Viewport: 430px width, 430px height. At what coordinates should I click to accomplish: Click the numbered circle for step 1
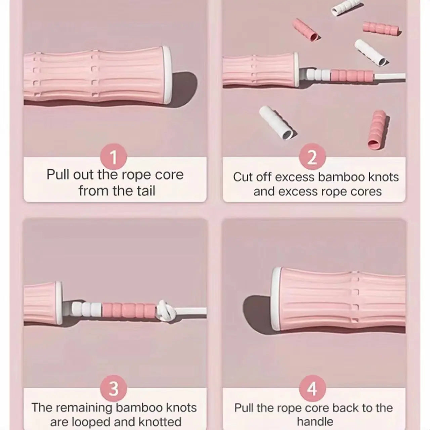click(x=114, y=157)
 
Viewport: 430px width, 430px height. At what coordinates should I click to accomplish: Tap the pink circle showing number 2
click(x=312, y=157)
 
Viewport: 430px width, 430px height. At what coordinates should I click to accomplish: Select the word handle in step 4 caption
click(x=315, y=422)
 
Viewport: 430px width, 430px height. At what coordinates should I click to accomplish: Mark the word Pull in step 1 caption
click(x=58, y=175)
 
